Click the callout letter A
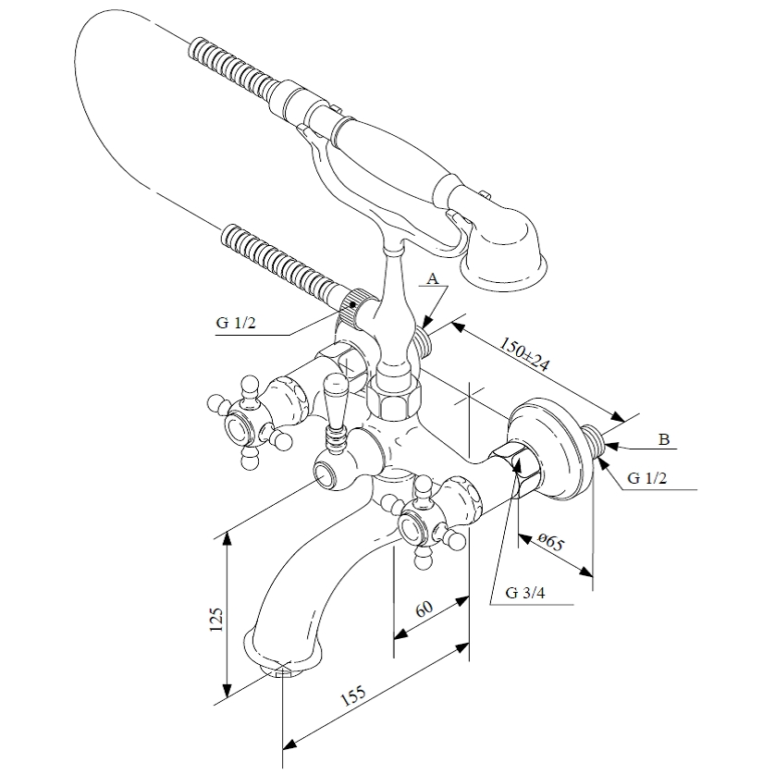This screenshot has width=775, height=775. [433, 279]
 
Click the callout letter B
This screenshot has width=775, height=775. [664, 439]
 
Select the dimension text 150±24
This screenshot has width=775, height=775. [525, 354]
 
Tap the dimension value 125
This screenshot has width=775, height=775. [216, 619]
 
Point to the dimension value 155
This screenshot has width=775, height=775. [353, 695]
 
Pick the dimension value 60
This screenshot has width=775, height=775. [424, 609]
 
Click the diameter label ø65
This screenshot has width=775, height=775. [550, 542]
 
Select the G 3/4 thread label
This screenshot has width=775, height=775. [525, 593]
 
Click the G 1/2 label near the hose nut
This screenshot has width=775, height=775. [236, 323]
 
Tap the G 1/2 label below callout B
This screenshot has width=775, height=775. [647, 478]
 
